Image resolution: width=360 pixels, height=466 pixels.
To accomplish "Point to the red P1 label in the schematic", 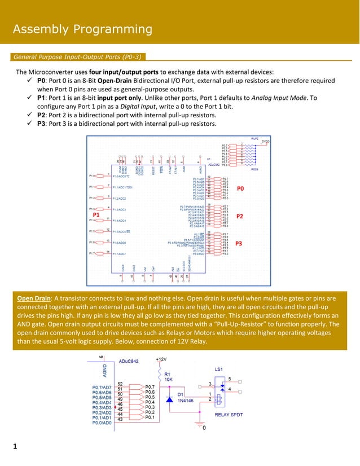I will tap(96, 216).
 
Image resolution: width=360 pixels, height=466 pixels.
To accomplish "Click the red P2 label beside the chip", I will tap(239, 216).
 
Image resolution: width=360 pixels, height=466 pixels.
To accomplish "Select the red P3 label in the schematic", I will tap(239, 244).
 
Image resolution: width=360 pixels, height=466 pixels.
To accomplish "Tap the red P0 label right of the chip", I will tap(240, 188).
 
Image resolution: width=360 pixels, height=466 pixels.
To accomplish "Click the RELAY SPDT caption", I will tap(230, 414).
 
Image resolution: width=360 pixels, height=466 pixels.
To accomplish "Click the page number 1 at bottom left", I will tap(15, 447).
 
